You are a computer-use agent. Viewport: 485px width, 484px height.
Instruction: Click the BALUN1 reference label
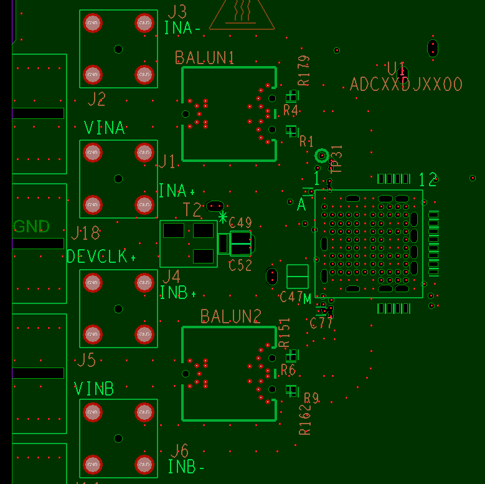204,58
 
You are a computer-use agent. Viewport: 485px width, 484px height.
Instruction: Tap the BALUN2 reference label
230,316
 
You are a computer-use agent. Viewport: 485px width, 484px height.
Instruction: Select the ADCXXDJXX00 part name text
406,84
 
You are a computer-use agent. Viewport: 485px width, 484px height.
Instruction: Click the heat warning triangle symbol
242,14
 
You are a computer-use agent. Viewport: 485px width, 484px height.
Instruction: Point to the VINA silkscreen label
104,128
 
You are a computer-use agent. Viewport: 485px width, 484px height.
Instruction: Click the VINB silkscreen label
94,389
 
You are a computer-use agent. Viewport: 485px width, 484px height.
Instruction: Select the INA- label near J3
182,28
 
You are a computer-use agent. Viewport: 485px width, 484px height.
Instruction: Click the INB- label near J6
186,467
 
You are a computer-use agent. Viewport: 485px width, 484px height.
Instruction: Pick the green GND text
31,226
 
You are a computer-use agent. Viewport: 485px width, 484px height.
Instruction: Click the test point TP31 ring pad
322,155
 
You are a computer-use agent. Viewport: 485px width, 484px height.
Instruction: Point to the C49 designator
240,223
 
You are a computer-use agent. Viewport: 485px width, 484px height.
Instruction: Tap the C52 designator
240,265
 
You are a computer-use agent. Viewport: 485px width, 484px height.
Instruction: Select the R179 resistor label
304,70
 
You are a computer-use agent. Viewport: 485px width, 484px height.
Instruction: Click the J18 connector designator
85,234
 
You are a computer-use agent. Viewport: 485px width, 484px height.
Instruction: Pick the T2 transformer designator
192,210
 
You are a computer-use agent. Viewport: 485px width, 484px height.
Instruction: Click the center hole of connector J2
118,49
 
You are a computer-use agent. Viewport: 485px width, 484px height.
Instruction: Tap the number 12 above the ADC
428,180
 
